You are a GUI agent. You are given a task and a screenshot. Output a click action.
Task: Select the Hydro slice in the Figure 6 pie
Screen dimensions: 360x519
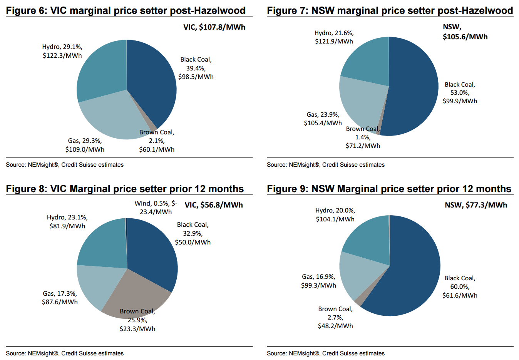pyautogui.click(x=102, y=71)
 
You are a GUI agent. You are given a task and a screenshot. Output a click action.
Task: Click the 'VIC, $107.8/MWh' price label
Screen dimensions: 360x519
pyautogui.click(x=214, y=27)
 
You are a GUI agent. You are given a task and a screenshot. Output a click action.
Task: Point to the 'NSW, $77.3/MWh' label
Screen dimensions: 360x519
pyautogui.click(x=476, y=205)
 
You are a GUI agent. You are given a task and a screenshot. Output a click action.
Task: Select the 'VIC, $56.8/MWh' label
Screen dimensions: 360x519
pyautogui.click(x=214, y=205)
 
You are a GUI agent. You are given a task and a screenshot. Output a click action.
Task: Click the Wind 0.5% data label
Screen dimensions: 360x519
pyautogui.click(x=156, y=208)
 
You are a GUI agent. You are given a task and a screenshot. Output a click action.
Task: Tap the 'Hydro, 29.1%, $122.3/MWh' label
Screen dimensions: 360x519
pyautogui.click(x=62, y=51)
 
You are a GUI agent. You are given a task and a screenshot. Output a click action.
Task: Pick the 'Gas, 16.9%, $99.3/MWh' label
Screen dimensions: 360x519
pyautogui.click(x=318, y=281)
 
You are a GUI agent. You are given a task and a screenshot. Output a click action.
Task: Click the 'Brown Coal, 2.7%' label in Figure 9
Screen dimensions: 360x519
pyautogui.click(x=335, y=317)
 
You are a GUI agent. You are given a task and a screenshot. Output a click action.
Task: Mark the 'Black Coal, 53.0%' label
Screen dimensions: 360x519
pyautogui.click(x=460, y=93)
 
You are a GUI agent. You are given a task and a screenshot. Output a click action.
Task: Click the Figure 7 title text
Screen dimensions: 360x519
pyautogui.click(x=390, y=10)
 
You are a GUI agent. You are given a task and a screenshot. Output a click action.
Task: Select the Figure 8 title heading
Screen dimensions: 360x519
pyautogui.click(x=125, y=189)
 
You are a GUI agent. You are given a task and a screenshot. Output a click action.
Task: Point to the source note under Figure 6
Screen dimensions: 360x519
pyautogui.click(x=65, y=165)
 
